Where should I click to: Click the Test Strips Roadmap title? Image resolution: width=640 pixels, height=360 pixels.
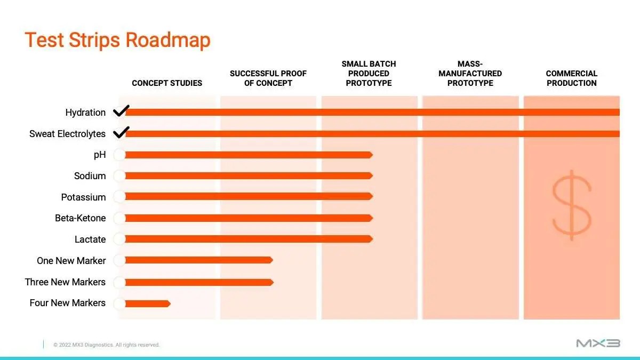point(117,40)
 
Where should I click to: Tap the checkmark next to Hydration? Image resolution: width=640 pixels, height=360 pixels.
point(121,111)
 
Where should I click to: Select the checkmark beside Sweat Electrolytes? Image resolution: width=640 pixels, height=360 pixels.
point(121,132)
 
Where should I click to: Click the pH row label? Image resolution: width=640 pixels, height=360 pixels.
point(100,155)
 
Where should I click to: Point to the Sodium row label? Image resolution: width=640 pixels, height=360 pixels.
point(90,175)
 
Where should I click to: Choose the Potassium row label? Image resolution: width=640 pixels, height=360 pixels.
point(83,197)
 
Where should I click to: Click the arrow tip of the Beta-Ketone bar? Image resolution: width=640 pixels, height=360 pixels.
point(372,218)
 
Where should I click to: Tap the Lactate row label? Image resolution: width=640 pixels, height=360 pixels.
point(90,239)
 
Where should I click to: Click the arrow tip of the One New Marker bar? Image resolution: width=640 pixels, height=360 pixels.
point(273,260)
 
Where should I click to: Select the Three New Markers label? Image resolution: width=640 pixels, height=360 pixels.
point(65,282)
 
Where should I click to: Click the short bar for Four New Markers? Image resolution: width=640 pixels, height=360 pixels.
point(148,303)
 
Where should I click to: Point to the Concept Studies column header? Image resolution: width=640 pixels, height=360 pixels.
point(167,83)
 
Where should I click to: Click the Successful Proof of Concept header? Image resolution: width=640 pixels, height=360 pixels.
point(268,78)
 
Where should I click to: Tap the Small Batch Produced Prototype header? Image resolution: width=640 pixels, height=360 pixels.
point(369,74)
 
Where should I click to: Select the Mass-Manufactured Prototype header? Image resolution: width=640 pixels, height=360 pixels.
point(470,74)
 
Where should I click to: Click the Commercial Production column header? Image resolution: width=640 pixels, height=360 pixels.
point(571,78)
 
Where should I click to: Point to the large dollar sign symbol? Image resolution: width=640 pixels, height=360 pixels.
point(571,205)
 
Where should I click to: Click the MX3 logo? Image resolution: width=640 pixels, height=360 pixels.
point(598,343)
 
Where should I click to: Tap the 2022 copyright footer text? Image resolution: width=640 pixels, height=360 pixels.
point(106,345)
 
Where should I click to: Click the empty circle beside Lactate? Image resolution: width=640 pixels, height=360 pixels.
point(119,239)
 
